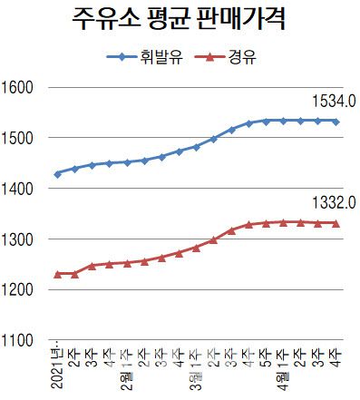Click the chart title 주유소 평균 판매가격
pyautogui.click(x=180, y=20)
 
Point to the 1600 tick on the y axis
pyautogui.click(x=17, y=88)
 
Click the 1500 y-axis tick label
pyautogui.click(x=17, y=139)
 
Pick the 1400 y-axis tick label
pyautogui.click(x=17, y=189)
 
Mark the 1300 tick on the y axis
pyautogui.click(x=17, y=239)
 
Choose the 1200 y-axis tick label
pyautogui.click(x=17, y=289)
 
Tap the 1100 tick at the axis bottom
pyautogui.click(x=17, y=340)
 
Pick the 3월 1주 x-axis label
pyautogui.click(x=197, y=367)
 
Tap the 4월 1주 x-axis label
pyautogui.click(x=284, y=367)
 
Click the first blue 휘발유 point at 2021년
pyautogui.click(x=58, y=173)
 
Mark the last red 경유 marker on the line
pyautogui.click(x=336, y=223)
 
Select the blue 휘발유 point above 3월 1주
pyautogui.click(x=197, y=146)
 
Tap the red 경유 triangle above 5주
pyautogui.click(x=267, y=223)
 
